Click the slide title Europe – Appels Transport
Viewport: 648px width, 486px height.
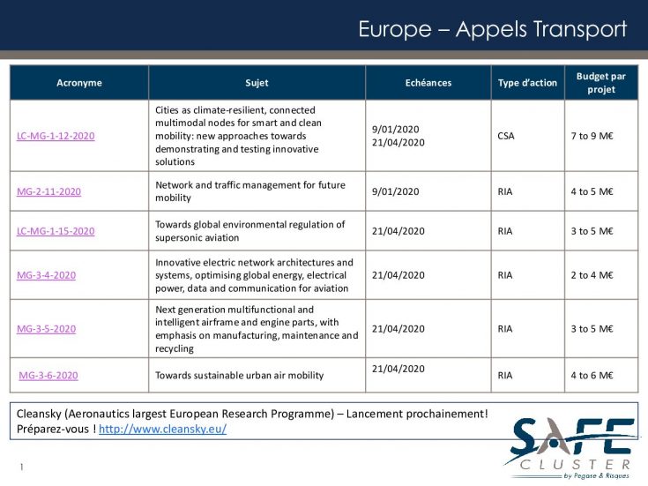[492, 29]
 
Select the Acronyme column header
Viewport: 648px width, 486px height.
[79, 83]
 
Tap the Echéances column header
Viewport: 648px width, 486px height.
[428, 83]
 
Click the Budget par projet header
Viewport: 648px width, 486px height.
[600, 83]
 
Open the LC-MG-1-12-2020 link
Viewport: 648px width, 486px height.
[56, 136]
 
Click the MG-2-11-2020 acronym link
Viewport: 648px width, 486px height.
[48, 191]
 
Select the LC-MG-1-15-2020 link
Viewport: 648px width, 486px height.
[56, 231]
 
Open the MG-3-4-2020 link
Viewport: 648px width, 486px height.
[46, 275]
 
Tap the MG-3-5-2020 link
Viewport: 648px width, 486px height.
[46, 329]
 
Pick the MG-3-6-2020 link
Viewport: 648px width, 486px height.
[48, 375]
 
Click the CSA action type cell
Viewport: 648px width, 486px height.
[506, 136]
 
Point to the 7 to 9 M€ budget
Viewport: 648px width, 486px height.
[592, 136]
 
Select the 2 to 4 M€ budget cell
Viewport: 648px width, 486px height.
[592, 275]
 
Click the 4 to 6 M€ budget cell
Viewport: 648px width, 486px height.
[592, 375]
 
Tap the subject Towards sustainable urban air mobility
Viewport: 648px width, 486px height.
[239, 375]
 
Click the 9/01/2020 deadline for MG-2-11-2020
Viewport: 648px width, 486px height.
[396, 191]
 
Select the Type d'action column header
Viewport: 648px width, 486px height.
[527, 83]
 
